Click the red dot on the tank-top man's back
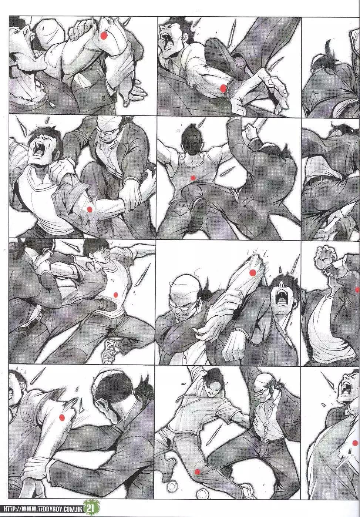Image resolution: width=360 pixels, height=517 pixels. point(193,177)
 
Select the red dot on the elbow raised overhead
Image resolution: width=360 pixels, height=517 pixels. point(253,273)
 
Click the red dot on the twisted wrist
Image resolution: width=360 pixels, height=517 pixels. point(223,88)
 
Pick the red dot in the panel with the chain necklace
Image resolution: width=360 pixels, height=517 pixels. point(104,35)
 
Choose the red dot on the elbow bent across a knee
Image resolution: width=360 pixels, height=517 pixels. point(90,209)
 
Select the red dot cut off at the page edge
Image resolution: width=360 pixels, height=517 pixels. point(357,289)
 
